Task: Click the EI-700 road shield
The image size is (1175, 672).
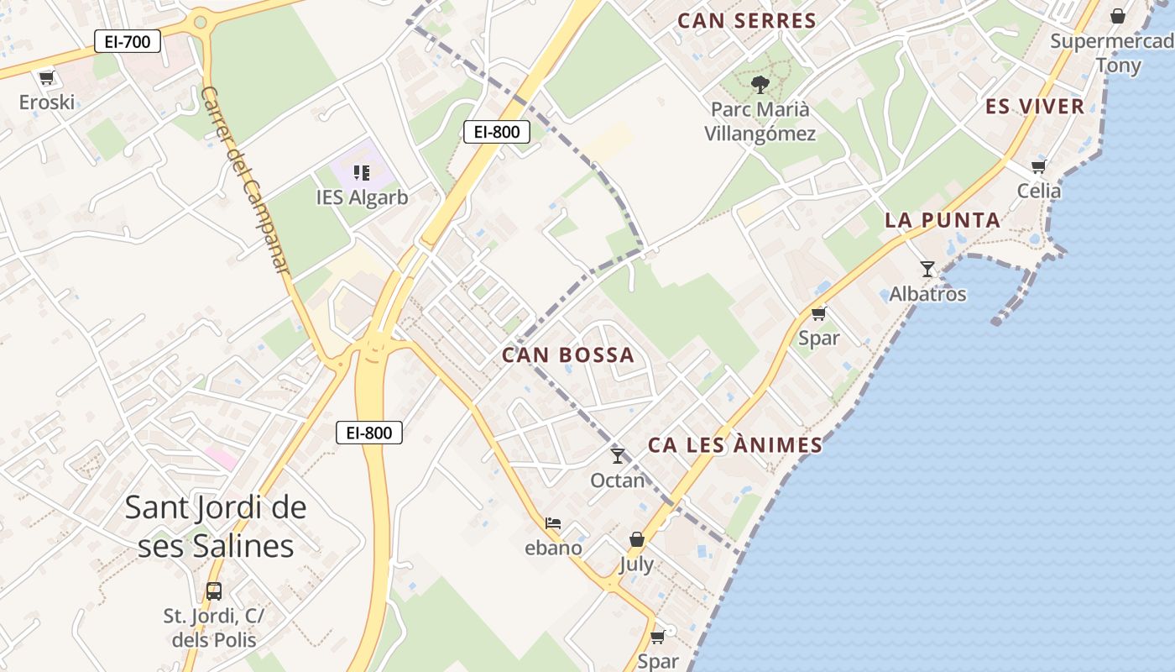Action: click(x=128, y=41)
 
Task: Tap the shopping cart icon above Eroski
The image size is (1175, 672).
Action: click(x=46, y=78)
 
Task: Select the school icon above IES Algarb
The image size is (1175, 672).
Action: click(x=362, y=173)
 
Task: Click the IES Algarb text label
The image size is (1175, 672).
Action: click(x=362, y=197)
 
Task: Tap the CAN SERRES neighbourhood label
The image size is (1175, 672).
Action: click(x=746, y=21)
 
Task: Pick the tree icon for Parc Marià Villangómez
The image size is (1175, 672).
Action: click(x=760, y=84)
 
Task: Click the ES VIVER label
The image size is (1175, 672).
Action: click(x=1035, y=106)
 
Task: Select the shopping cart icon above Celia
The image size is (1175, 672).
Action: click(x=1039, y=166)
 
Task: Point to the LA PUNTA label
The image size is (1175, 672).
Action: click(x=943, y=220)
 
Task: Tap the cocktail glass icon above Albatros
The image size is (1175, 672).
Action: click(x=927, y=269)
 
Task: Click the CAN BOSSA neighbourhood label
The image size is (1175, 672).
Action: click(x=568, y=355)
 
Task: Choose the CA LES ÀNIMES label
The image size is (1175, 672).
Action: click(x=735, y=445)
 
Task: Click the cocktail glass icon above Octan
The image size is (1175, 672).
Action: click(x=618, y=455)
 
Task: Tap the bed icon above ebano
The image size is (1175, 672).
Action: click(x=553, y=523)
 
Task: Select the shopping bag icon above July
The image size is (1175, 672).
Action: click(x=637, y=539)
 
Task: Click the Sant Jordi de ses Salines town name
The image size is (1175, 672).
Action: click(x=216, y=526)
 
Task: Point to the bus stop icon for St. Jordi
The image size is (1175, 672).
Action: click(x=214, y=591)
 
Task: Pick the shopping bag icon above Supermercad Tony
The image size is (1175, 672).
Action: click(x=1118, y=16)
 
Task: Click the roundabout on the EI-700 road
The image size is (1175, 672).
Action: click(x=200, y=21)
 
